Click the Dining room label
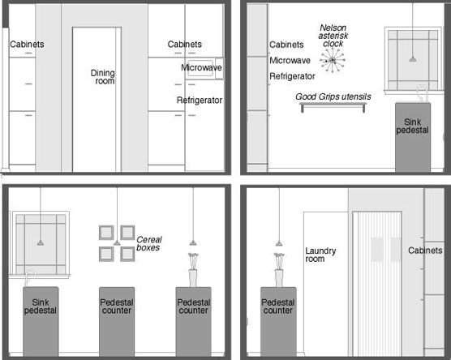pos(103,77)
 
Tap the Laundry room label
pos(320,255)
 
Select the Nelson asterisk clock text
pos(333,36)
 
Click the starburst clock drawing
pos(333,60)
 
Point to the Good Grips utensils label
pos(333,96)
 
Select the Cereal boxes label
pos(149,243)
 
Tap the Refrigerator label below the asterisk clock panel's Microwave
pos(292,76)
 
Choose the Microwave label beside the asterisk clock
pos(290,60)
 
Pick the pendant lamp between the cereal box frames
pos(117,243)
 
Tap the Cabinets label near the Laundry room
pos(425,251)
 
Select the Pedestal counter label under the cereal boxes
pos(117,306)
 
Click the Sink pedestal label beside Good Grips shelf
pos(412,126)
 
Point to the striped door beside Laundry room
pos(377,284)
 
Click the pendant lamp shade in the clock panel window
pos(413,59)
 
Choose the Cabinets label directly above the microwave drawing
pos(185,45)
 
